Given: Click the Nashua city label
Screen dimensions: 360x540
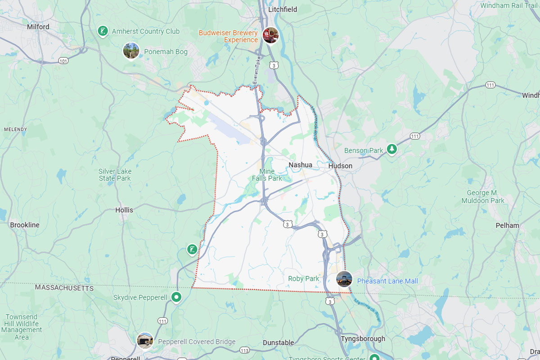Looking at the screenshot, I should click(300, 165).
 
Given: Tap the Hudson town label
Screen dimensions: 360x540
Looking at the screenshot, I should click(340, 166).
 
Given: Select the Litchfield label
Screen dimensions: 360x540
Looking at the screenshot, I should click(283, 9).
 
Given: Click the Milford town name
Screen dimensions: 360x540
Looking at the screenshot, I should click(38, 27).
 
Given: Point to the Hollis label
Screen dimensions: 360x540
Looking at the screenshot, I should click(124, 210).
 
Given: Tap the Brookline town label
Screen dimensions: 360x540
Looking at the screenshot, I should click(25, 225).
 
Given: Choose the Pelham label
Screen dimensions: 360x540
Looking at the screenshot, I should click(507, 225).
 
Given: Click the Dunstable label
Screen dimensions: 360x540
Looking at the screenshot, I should click(278, 343).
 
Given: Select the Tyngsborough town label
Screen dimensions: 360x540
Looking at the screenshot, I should click(363, 339).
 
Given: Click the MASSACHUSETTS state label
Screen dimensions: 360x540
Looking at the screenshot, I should click(64, 287).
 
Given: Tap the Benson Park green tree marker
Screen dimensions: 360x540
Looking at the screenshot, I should click(392, 149).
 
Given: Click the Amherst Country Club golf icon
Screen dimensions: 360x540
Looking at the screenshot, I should click(103, 31).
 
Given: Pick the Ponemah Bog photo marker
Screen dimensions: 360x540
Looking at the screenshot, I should click(131, 50).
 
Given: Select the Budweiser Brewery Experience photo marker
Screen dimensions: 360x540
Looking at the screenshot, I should click(271, 35).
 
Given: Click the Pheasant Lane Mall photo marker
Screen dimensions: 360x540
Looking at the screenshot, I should click(344, 279).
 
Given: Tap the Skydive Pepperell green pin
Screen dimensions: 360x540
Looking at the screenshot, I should click(177, 297).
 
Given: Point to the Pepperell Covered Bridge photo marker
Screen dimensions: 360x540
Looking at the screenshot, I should click(145, 340).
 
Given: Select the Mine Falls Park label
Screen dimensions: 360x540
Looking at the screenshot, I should click(267, 175).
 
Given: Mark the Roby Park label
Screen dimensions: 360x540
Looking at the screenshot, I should click(303, 279).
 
